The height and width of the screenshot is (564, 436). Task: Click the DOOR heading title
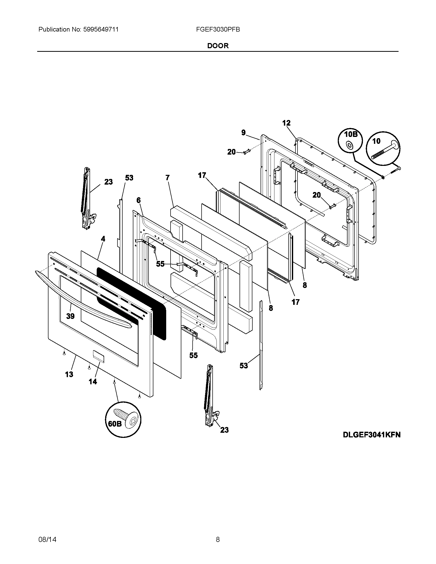click(x=218, y=46)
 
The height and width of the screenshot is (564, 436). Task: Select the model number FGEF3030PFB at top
click(x=218, y=29)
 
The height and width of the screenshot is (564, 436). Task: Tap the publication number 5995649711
click(x=101, y=29)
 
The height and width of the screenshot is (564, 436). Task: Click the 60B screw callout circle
click(x=123, y=419)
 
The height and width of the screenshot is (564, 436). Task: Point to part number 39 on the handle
click(x=70, y=316)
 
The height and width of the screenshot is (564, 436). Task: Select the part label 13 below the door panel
click(x=69, y=374)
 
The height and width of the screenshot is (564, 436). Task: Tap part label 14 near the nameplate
click(x=93, y=381)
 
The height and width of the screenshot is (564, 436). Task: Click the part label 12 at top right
click(x=286, y=123)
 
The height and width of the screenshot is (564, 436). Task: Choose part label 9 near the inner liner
click(x=243, y=133)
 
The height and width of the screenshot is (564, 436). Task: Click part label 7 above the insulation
click(x=167, y=177)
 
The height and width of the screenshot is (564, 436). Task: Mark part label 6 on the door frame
click(x=138, y=200)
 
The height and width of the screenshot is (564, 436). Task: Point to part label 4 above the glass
click(x=103, y=239)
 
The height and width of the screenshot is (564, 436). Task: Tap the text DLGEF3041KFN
click(x=371, y=435)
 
